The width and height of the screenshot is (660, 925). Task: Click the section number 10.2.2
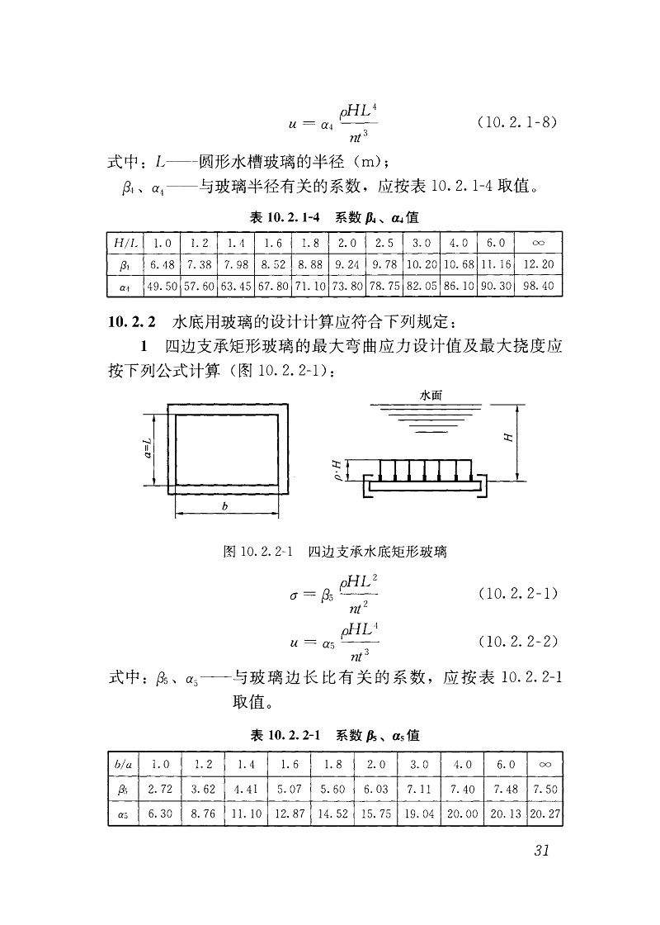point(129,320)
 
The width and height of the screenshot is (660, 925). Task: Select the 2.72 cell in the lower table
point(159,789)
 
